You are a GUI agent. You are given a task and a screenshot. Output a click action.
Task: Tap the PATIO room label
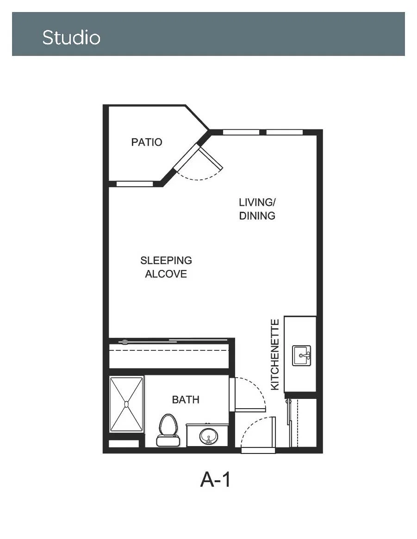pos(147,142)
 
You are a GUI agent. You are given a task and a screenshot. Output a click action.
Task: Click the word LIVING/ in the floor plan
pos(257,202)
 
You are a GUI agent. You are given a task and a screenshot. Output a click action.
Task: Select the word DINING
pos(257,215)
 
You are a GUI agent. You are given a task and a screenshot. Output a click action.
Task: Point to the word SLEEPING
pos(166,260)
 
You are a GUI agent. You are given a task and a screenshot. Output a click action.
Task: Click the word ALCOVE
pos(166,274)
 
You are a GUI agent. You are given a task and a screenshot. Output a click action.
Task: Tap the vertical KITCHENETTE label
pos(275,355)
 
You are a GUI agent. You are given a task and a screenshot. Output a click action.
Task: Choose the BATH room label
pos(186,399)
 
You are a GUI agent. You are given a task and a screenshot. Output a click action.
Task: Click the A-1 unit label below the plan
pos(215,479)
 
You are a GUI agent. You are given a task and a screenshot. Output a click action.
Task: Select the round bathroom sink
pos(208,436)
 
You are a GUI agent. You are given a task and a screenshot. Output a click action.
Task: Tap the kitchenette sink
pos(302,355)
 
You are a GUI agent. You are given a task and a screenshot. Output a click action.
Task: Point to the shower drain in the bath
pos(126,404)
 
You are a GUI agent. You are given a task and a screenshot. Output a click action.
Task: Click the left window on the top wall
pos(241,132)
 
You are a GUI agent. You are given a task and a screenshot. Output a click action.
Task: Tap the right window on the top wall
pos(285,132)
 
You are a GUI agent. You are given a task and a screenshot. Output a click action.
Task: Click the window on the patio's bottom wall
pos(135,184)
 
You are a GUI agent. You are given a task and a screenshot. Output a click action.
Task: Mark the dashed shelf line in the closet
pos(169,350)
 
